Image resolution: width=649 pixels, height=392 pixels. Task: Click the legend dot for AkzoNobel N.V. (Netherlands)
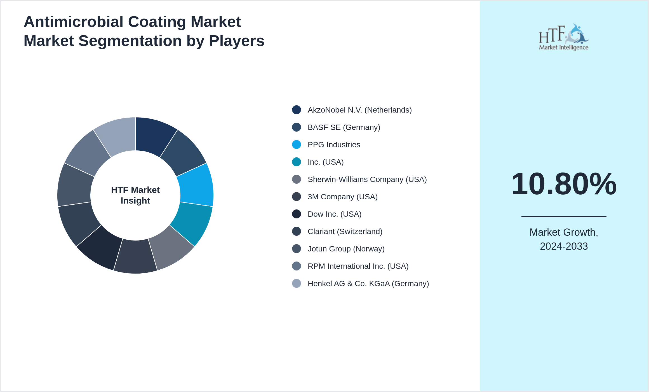point(297,110)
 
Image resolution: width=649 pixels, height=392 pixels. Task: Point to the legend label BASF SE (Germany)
point(344,127)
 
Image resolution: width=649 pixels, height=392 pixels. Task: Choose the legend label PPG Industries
point(334,145)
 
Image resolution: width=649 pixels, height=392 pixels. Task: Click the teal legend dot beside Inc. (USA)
point(297,162)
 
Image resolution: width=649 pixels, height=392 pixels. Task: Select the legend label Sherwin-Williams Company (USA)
point(367,179)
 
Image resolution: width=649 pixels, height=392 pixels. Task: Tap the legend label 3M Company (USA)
point(342,197)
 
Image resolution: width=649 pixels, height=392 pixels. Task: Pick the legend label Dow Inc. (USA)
point(334,214)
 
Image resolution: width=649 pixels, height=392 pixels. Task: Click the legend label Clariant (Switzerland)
point(345,232)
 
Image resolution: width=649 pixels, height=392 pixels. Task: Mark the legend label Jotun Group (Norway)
point(346,249)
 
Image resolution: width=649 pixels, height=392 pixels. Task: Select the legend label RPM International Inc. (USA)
point(358,266)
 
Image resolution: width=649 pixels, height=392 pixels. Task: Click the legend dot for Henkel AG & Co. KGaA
point(297,283)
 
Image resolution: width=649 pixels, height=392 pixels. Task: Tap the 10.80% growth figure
point(564,184)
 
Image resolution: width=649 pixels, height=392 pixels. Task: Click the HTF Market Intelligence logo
point(564,37)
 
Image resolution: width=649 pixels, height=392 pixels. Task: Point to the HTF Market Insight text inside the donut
point(135,195)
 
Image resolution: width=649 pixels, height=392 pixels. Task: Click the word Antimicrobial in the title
point(74,22)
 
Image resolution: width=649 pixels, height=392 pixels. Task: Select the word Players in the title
point(236,41)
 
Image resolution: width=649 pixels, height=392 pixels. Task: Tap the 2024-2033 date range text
point(564,246)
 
